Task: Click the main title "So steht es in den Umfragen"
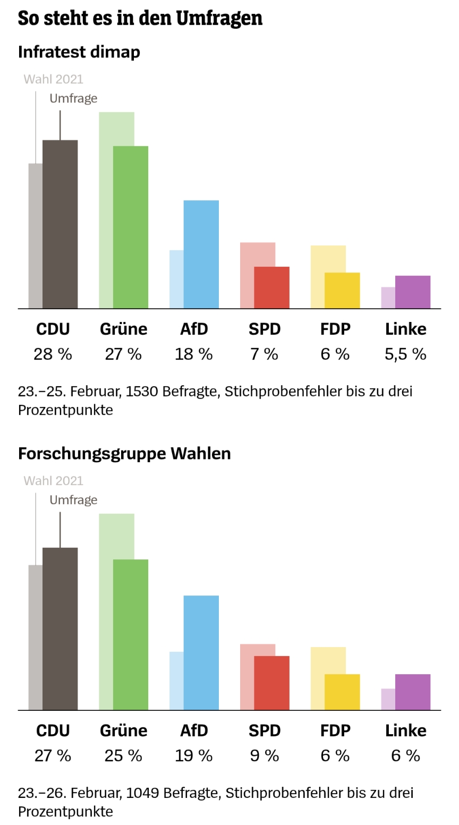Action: (140, 18)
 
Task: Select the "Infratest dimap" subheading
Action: (79, 52)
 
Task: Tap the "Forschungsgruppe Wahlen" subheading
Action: (124, 454)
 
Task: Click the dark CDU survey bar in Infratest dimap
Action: (60, 224)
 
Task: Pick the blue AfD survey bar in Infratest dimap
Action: (201, 254)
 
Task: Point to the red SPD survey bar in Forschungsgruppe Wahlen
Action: (271, 683)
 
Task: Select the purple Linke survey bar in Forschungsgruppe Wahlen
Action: (413, 692)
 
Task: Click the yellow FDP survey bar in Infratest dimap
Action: (342, 291)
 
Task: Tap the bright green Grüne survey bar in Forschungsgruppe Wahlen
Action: (131, 635)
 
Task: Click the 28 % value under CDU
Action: (53, 354)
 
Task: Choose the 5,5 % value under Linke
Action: (405, 354)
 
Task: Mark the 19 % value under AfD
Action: (194, 756)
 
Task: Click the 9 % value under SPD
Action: (265, 756)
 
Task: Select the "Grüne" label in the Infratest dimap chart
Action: (123, 329)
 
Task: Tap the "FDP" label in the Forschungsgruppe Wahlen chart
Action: (335, 731)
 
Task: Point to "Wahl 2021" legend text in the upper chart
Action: (53, 79)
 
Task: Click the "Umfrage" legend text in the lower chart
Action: (73, 500)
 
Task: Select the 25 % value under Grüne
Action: (123, 756)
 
